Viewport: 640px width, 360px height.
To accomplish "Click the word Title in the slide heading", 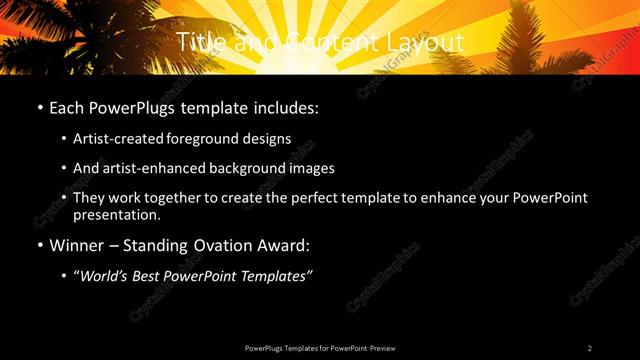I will point(197,42).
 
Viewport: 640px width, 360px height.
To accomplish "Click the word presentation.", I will point(117,214).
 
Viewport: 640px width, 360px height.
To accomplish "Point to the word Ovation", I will point(220,244).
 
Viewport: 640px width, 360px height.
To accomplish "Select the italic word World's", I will point(108,275).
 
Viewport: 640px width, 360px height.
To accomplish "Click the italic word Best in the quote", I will point(154,275).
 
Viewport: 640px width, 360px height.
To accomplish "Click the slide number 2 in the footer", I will point(590,348).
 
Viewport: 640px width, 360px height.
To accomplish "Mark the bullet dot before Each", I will point(38,107).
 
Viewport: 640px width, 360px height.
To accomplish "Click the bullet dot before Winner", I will point(38,245).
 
